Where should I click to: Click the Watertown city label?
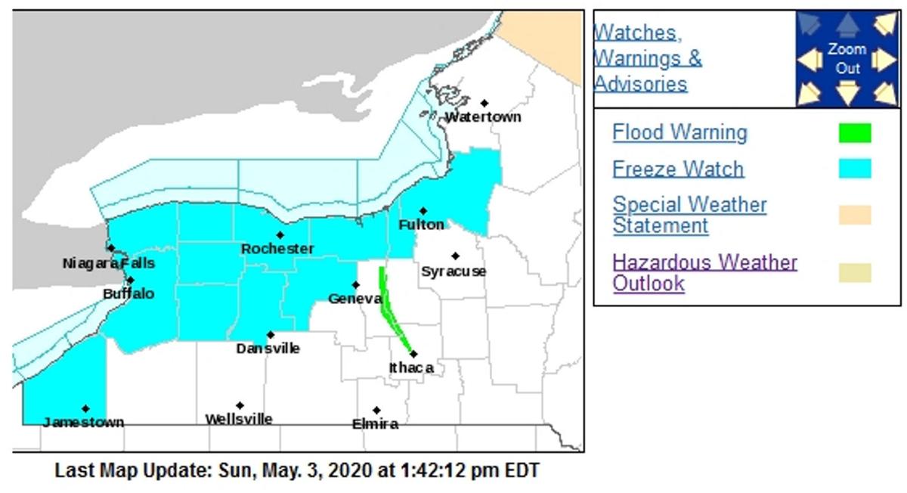pyautogui.click(x=482, y=117)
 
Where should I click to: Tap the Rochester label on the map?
pyautogui.click(x=277, y=249)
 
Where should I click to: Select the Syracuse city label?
pyautogui.click(x=453, y=271)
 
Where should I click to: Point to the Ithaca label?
pyautogui.click(x=411, y=367)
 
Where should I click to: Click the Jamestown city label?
pyautogui.click(x=83, y=422)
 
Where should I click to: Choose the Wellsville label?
pyautogui.click(x=239, y=419)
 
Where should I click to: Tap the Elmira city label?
pyautogui.click(x=375, y=424)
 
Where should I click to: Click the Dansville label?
pyautogui.click(x=268, y=349)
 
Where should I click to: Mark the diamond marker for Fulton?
pyautogui.click(x=423, y=211)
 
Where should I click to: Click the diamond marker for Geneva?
pyautogui.click(x=355, y=285)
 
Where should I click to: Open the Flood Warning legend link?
pyautogui.click(x=679, y=132)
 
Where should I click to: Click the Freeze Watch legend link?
pyautogui.click(x=678, y=169)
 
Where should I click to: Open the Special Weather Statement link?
pyautogui.click(x=689, y=215)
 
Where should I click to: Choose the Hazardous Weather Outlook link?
pyautogui.click(x=704, y=273)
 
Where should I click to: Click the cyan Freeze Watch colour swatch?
pyautogui.click(x=854, y=169)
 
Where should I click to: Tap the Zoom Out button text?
pyautogui.click(x=847, y=59)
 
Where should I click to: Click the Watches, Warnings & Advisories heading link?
pyautogui.click(x=648, y=57)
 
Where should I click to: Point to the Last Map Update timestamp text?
pyautogui.click(x=297, y=470)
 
